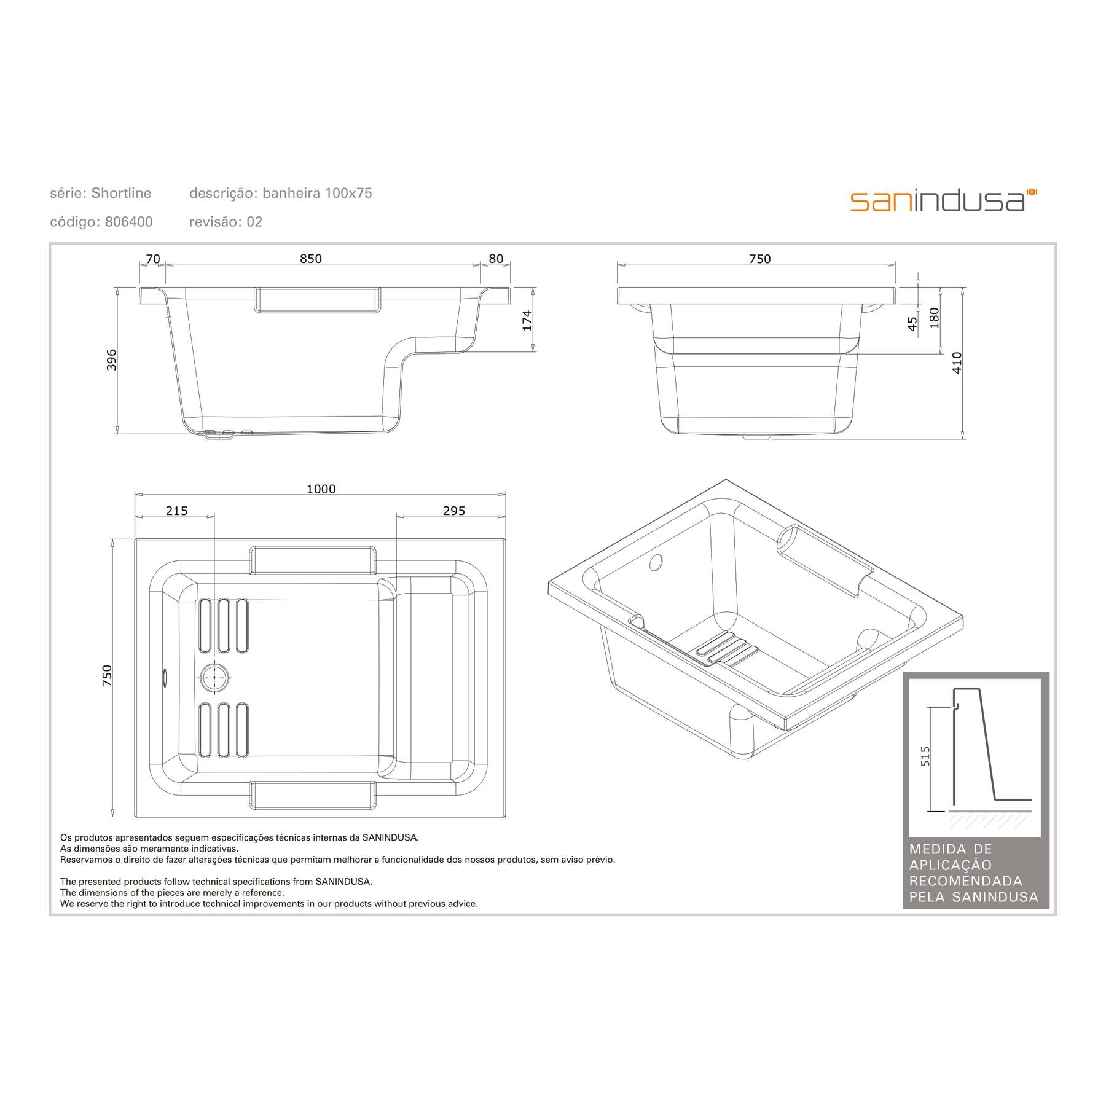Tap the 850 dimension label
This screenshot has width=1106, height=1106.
[x=311, y=259]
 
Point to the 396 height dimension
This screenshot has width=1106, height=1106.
[x=111, y=359]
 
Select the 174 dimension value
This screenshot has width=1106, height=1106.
[x=527, y=321]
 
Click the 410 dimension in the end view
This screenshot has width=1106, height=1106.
[x=957, y=363]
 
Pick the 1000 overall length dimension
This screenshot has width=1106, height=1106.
[x=321, y=489]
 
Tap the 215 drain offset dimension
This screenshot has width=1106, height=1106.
[x=176, y=511]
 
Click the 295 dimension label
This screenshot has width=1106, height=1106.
[x=454, y=511]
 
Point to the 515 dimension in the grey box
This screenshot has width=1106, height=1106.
[x=925, y=756]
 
